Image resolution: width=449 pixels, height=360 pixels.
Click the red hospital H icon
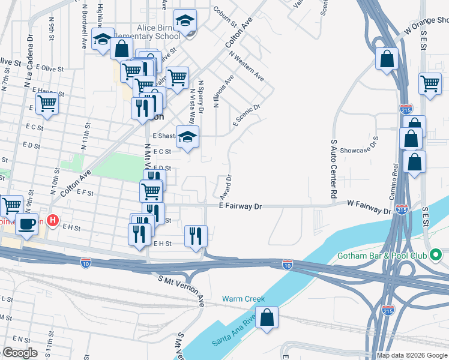[53, 221]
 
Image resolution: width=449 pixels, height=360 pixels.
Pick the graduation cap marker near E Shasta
[187, 136]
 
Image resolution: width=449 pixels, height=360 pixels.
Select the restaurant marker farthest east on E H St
[196, 235]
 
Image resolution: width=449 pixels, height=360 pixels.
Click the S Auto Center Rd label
[333, 170]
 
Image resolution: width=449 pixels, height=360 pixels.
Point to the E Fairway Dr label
[241, 206]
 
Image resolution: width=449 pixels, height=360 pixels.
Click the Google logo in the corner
[19, 353]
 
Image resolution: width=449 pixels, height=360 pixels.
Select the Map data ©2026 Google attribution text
[412, 355]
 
